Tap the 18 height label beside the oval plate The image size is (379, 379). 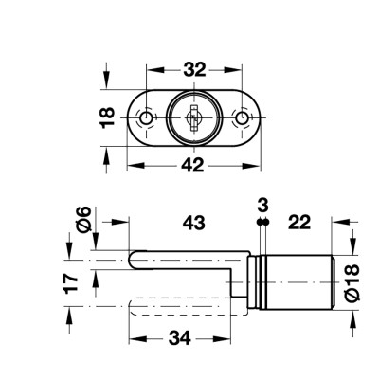pyautogui.click(x=107, y=117)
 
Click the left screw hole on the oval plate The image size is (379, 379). pyautogui.click(x=146, y=119)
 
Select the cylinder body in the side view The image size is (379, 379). pyautogui.click(x=296, y=280)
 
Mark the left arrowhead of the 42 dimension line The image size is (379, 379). pyautogui.click(x=131, y=165)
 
